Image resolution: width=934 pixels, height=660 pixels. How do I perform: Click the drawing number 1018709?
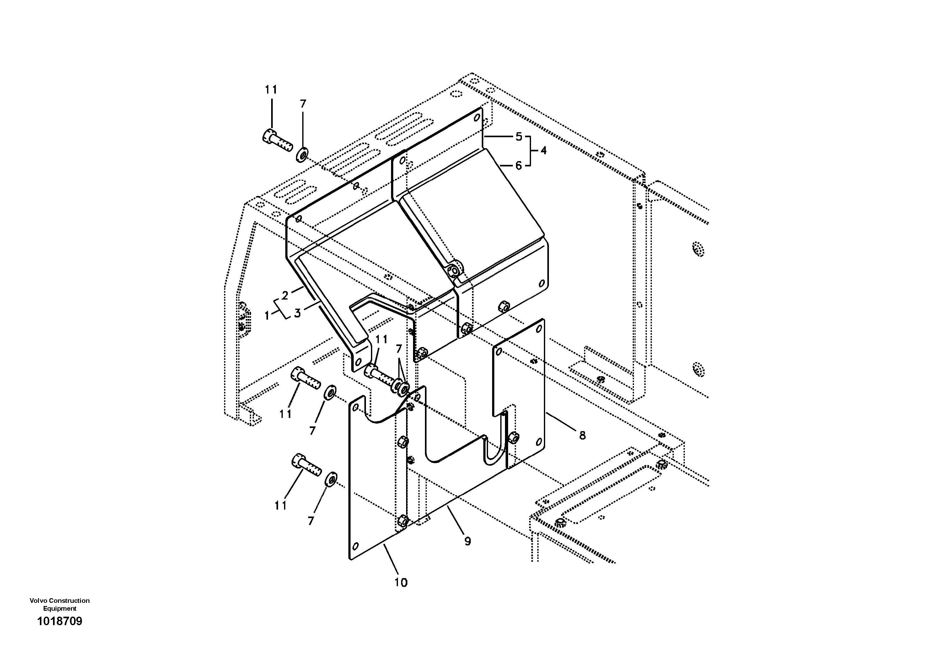[59, 621]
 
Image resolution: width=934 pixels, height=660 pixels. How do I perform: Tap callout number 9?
[467, 541]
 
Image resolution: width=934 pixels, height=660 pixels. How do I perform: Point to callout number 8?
[582, 435]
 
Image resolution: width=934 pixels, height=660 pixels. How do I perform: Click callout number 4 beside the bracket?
[544, 150]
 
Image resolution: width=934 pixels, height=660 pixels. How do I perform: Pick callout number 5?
[519, 137]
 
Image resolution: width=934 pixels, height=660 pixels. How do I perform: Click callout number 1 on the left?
[267, 315]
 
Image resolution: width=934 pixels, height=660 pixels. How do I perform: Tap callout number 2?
[285, 295]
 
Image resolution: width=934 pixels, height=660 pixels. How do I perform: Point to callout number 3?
[297, 313]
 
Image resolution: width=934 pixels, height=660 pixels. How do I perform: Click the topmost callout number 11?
[271, 90]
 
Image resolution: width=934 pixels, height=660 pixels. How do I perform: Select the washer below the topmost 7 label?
[302, 154]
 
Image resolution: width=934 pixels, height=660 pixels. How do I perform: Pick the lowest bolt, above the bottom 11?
[306, 466]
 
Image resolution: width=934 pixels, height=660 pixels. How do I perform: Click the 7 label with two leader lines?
[399, 349]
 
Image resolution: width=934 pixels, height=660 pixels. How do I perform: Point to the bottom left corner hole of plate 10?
[356, 546]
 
